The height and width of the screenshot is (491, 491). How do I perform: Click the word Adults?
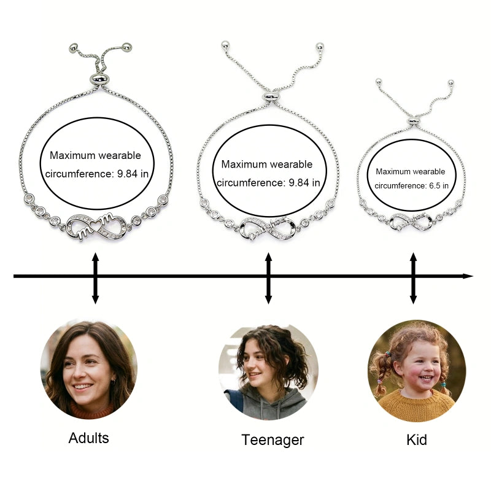88,438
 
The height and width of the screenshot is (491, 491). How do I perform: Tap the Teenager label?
273,439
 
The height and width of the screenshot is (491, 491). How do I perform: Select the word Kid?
417,439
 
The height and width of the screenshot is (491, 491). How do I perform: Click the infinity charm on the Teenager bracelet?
268,227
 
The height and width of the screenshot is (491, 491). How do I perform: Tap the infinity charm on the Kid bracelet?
412,218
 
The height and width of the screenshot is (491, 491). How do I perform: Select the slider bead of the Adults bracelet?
98,78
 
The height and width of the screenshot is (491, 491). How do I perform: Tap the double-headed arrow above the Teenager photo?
268,277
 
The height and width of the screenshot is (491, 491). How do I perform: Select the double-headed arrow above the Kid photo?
413,277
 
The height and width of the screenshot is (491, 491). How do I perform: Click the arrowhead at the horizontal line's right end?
468,276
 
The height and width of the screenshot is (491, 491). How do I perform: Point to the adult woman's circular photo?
89,369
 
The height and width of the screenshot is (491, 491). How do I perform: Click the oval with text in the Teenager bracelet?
268,174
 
